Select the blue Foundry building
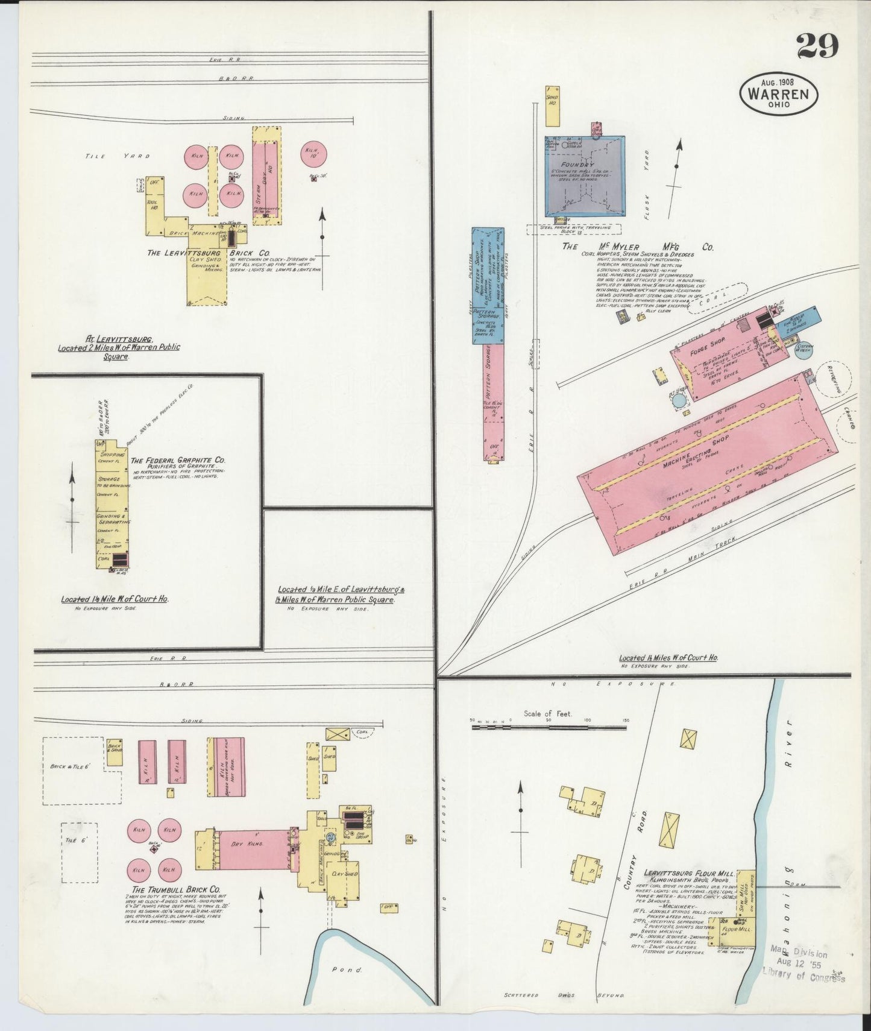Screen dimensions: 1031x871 click(585, 176)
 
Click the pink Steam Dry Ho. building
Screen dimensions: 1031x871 click(266, 175)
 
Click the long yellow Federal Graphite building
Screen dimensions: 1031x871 click(111, 503)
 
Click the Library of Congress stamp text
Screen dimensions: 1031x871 click(803, 974)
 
